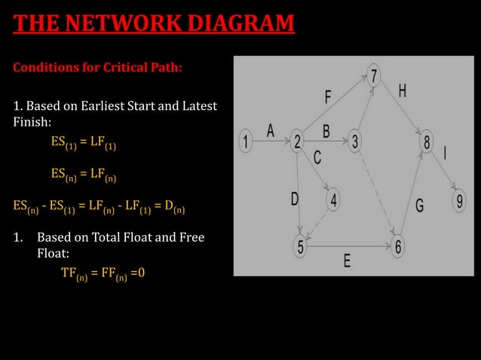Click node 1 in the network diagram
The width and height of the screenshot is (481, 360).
pyautogui.click(x=245, y=140)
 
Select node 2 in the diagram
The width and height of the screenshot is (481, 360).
pyautogui.click(x=298, y=141)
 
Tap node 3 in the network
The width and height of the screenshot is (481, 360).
pyautogui.click(x=355, y=141)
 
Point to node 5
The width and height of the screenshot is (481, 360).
pyautogui.click(x=300, y=246)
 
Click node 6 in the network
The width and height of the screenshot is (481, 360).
pyautogui.click(x=398, y=246)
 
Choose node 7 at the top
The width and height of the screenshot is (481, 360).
pyautogui.click(x=375, y=75)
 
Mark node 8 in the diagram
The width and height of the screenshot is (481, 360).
pyautogui.click(x=427, y=141)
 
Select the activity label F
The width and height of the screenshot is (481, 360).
pyautogui.click(x=328, y=97)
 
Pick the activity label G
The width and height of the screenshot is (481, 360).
pyautogui.click(x=419, y=204)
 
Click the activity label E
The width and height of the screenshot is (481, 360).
pyautogui.click(x=347, y=261)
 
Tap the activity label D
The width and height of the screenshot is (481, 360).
pyautogui.click(x=295, y=198)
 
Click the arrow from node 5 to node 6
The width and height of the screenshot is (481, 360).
pyautogui.click(x=348, y=246)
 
